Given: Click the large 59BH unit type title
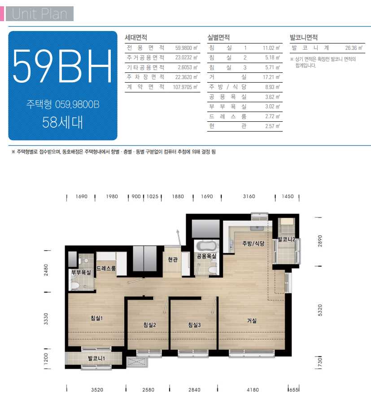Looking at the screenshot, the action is point(62,66).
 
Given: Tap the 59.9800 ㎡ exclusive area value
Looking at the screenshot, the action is point(186,48).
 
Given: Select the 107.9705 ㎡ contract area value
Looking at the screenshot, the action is point(185,87).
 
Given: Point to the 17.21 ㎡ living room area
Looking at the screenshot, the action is point(271,77).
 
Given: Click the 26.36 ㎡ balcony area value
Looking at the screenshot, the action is point(354,48).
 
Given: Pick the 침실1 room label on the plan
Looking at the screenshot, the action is point(96,318).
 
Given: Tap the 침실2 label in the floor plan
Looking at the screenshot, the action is point(150,325).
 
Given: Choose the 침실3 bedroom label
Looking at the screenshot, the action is point(195,325).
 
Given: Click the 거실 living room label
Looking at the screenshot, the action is point(252,320).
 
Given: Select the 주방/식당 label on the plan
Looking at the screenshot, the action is point(253,243).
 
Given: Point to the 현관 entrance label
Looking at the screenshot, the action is point(173,259).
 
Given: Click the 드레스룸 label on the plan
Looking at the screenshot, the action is point(106,268).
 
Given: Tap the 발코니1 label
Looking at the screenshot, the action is point(96,358).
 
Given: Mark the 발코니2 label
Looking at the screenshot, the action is point(287,239).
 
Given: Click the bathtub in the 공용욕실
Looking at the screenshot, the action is point(207,246).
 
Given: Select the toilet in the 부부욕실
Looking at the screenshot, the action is point(75,285).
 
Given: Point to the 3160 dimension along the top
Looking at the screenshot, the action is point(249,196).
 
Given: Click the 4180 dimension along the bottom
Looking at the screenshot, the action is point(253,390).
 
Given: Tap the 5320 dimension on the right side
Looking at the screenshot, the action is point(320,310).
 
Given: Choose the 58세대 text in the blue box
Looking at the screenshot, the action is point(62,122).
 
